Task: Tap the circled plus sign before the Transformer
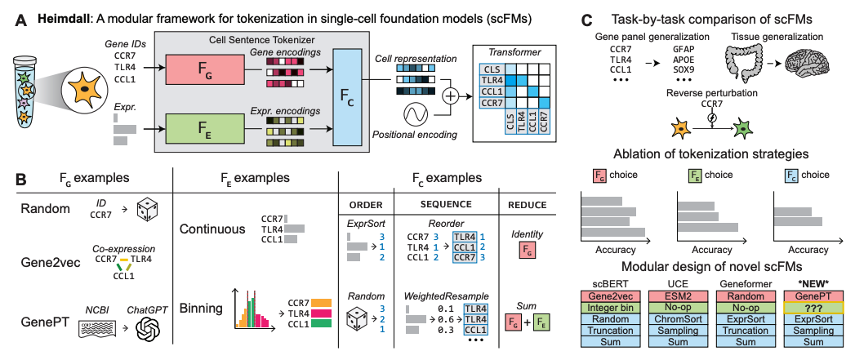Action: [x=450, y=96]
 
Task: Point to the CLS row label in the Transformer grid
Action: [x=490, y=71]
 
